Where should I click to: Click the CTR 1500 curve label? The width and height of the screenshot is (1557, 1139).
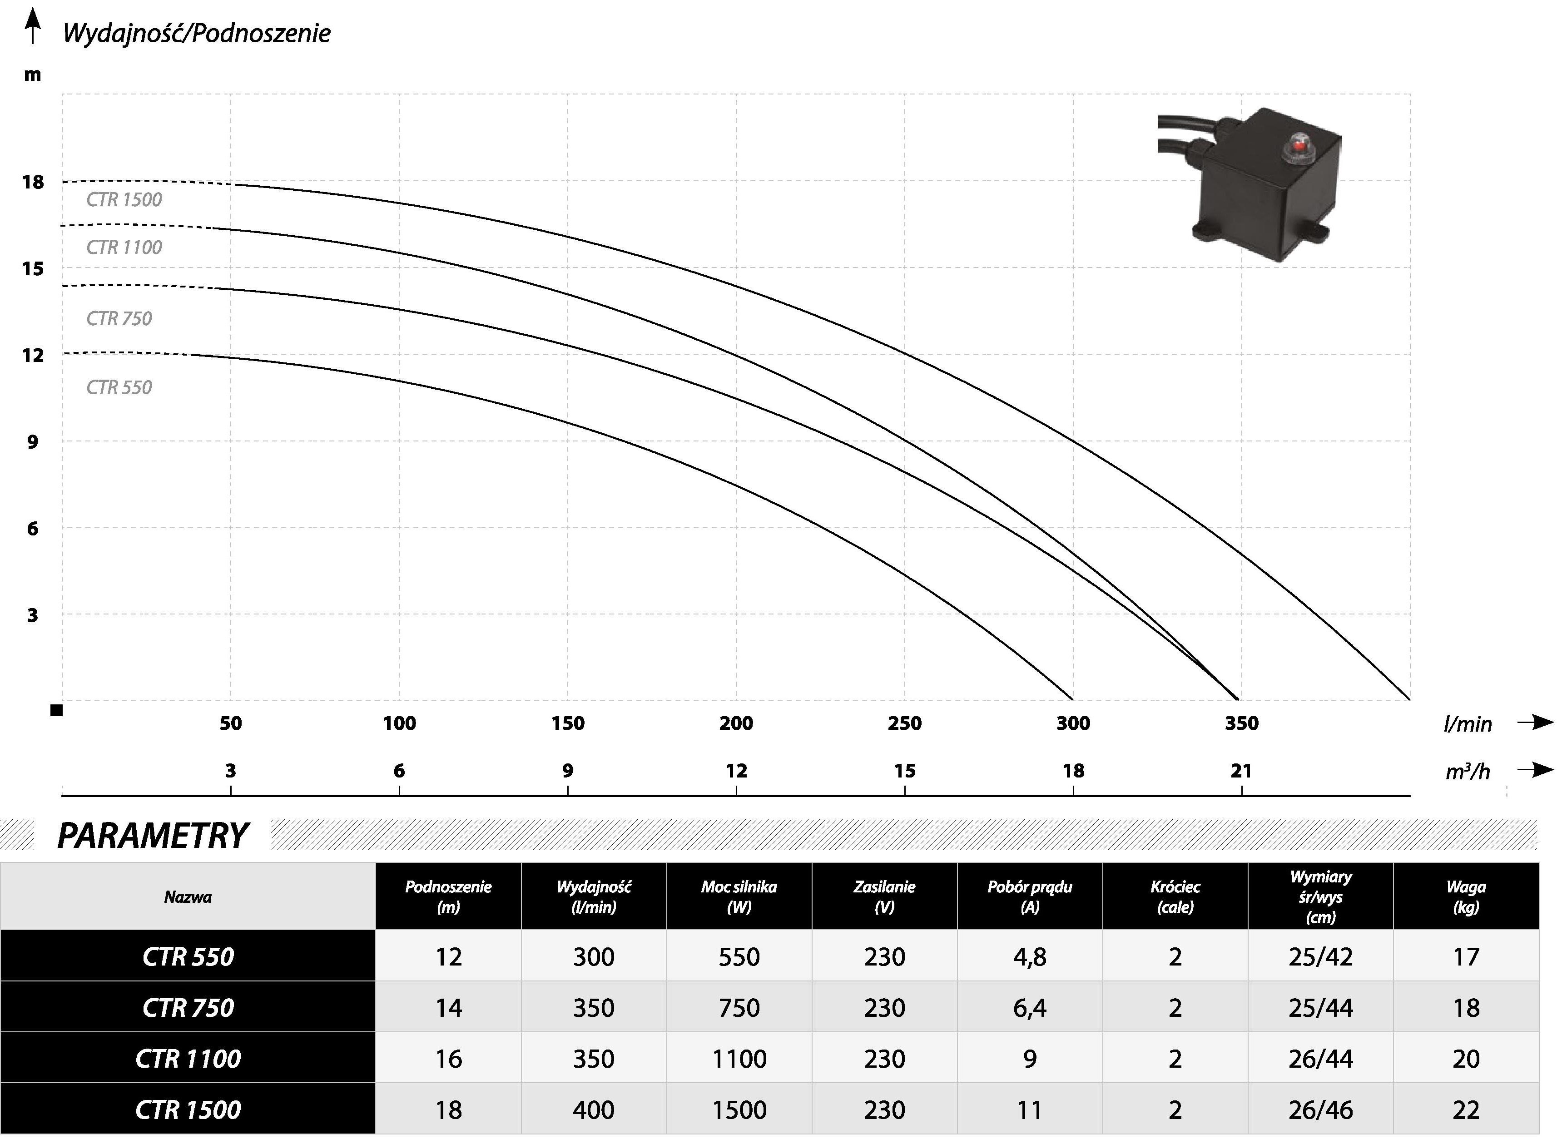tap(124, 200)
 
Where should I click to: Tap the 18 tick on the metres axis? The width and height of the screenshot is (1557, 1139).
tap(32, 182)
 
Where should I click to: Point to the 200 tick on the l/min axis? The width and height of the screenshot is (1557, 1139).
tap(736, 723)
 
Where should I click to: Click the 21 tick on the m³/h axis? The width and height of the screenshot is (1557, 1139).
tap(1241, 771)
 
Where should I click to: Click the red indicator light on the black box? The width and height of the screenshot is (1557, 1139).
tap(1299, 145)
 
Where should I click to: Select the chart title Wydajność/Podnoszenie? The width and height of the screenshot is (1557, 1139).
tap(197, 33)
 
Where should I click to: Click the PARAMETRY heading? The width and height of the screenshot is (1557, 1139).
tap(153, 836)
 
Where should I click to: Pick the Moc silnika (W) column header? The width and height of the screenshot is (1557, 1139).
tap(739, 896)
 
